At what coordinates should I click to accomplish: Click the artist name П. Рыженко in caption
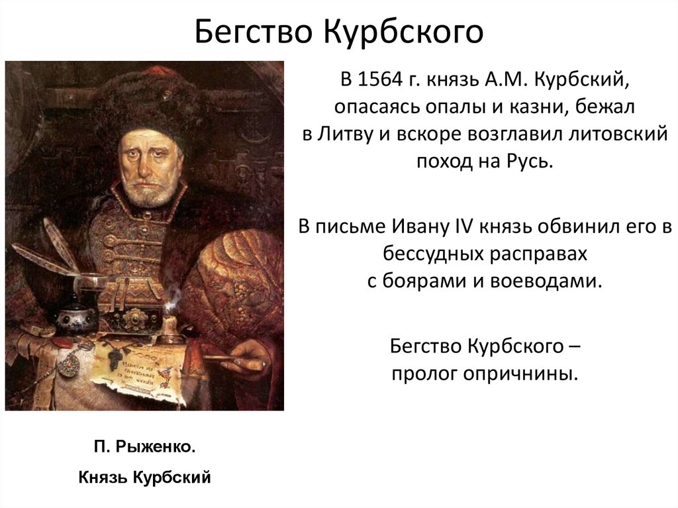coord(144,448)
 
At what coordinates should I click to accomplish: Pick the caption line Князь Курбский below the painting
coord(144,476)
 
